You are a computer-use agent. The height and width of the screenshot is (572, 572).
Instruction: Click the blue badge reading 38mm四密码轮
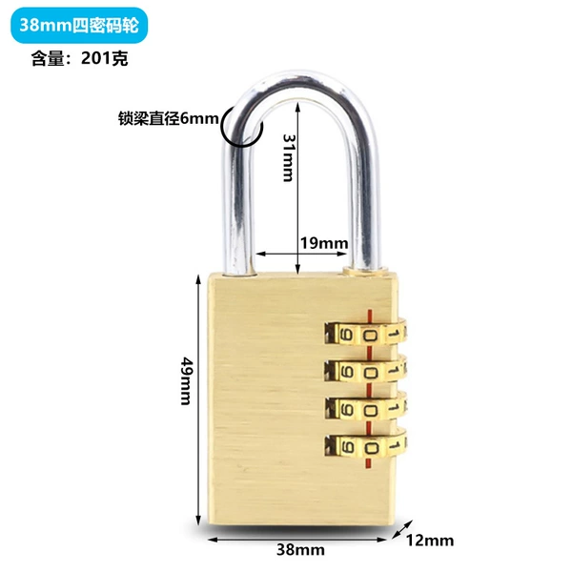point(79,25)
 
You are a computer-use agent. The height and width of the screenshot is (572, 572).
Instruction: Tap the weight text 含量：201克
point(79,58)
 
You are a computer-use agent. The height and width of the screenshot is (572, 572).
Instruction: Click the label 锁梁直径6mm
point(169,118)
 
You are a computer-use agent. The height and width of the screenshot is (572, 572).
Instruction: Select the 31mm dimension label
point(288,157)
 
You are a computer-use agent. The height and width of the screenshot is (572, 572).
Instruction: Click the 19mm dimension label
point(324,243)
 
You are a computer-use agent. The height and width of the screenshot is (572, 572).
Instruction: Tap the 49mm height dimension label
point(187,380)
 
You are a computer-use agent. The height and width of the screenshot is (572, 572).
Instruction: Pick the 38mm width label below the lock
point(300,549)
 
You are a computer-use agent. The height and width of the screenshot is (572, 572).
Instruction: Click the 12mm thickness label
point(430,541)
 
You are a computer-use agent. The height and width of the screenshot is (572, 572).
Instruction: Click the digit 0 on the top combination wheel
point(370,336)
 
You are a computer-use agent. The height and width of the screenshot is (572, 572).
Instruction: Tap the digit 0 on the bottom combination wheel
point(370,448)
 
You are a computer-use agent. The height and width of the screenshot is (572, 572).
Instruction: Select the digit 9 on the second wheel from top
point(347,373)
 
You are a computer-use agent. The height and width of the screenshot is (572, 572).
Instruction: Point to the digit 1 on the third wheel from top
point(393,408)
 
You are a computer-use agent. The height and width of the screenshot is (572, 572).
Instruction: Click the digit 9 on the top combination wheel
point(347,335)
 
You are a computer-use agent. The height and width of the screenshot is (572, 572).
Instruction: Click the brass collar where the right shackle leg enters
point(364,271)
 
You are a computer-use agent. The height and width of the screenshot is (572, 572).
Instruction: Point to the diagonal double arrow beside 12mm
point(402,530)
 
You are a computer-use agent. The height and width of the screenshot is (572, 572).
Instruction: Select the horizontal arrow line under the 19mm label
point(301,254)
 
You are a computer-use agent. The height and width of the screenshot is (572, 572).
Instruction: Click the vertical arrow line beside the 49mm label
point(198,399)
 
